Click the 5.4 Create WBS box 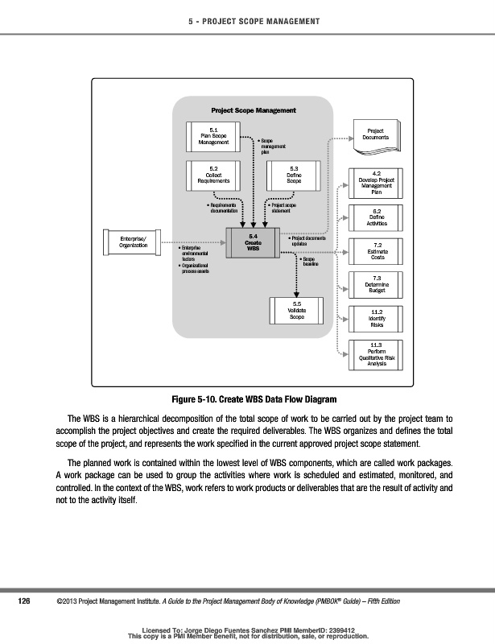[x=253, y=242]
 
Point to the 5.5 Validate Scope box [x=296, y=312]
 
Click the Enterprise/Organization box [x=133, y=242]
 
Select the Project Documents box [x=375, y=134]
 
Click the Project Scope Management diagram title [x=253, y=110]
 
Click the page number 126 [x=24, y=601]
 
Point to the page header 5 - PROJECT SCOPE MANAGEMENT [x=247, y=20]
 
